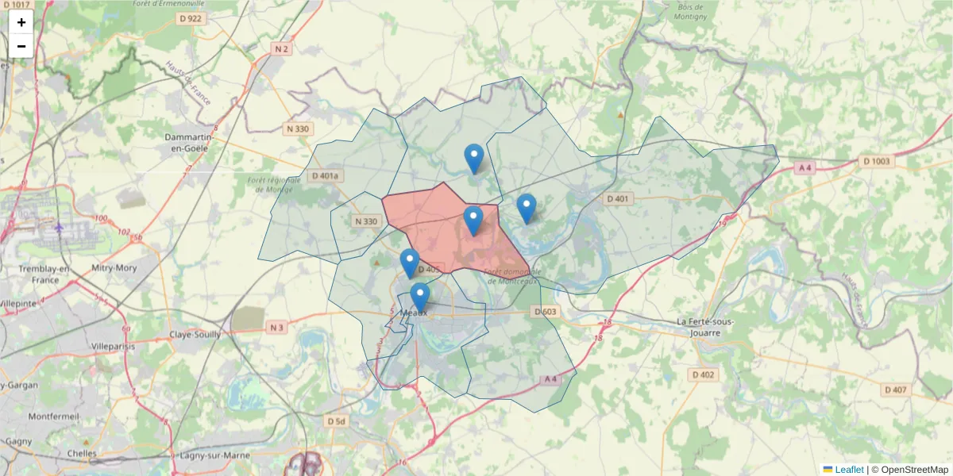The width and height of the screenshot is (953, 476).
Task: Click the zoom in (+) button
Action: point(21,22)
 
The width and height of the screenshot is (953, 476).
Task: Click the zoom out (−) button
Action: point(21,46)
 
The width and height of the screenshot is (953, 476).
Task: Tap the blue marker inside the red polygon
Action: point(473,220)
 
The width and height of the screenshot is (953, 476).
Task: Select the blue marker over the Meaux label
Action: point(419,297)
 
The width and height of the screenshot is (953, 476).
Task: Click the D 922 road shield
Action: point(191,18)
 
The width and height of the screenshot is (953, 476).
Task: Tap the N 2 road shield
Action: point(281,49)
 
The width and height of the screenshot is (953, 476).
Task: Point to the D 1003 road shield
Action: point(878,161)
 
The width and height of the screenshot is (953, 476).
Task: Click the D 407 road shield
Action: point(895,390)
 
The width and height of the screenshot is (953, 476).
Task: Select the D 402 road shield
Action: point(703,374)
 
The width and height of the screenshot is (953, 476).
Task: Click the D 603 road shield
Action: point(545,312)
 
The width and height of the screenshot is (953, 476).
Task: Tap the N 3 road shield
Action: point(276,328)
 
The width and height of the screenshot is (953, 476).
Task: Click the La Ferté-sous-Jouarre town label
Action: point(705,327)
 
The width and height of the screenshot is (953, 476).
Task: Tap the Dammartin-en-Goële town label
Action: point(186,142)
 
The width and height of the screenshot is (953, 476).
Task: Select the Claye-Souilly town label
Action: point(195,335)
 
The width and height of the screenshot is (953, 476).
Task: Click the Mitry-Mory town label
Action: point(114,268)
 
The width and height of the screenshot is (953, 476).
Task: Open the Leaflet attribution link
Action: point(849,470)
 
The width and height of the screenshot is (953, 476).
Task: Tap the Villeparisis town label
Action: point(114,347)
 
